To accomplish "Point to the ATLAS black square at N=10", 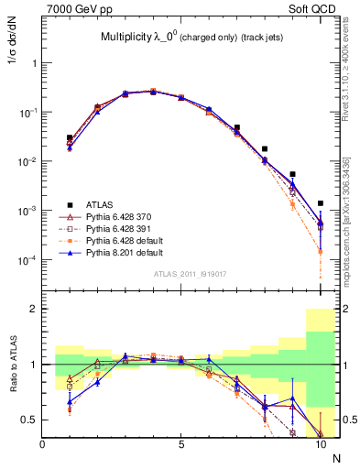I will point(321,203).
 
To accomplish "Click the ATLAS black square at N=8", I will point(265,148).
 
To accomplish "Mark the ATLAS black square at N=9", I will point(292,174).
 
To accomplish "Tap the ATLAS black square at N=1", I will point(70,137).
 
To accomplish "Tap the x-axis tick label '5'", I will point(181,446).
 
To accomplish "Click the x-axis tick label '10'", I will point(320,446).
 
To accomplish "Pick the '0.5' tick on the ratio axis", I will point(29,420).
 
